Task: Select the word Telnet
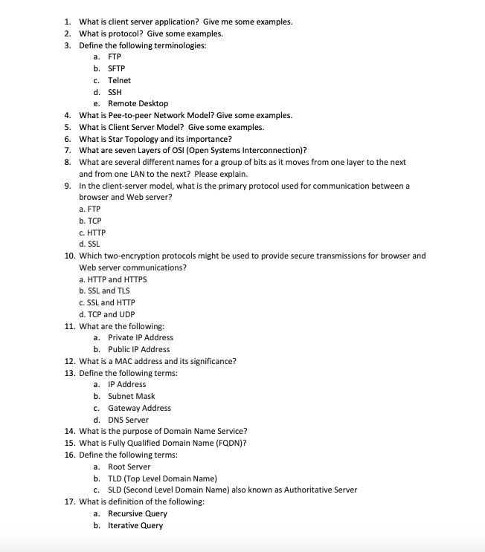pyautogui.click(x=119, y=80)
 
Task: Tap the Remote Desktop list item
pyautogui.click(x=138, y=103)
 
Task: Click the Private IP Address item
pyautogui.click(x=141, y=337)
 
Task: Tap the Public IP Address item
pyautogui.click(x=138, y=349)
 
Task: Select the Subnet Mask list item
pyautogui.click(x=131, y=396)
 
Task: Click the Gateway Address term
pyautogui.click(x=139, y=408)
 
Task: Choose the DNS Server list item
pyautogui.click(x=128, y=420)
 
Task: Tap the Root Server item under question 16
pyautogui.click(x=129, y=467)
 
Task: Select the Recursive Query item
pyautogui.click(x=137, y=513)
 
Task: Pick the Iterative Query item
pyautogui.click(x=135, y=525)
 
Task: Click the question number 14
pyautogui.click(x=69, y=432)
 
